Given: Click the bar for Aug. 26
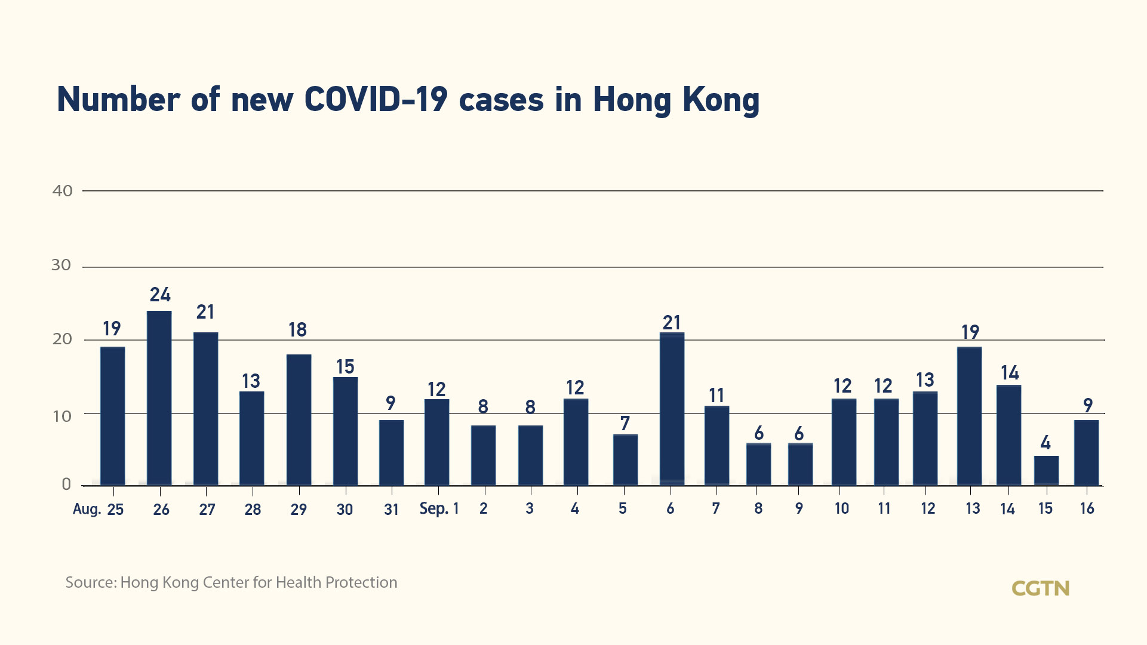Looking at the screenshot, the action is [159, 398].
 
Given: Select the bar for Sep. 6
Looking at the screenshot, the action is [672, 409].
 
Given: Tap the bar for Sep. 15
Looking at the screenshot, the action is [1046, 471].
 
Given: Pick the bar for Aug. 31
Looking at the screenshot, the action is [391, 453].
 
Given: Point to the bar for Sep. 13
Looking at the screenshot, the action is [969, 416].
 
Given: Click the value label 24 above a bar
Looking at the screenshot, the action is [160, 295].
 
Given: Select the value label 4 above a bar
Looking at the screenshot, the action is [1045, 443].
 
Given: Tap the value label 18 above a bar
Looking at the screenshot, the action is [297, 330].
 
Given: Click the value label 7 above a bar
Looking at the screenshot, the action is [625, 424].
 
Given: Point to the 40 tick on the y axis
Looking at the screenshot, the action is [63, 191].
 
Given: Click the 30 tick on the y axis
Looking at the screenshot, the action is [61, 265].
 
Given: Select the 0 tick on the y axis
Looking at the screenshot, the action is [66, 484].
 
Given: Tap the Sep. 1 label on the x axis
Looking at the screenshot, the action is [439, 508].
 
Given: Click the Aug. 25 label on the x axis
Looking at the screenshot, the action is [98, 509].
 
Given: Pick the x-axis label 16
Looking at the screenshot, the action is [1087, 508].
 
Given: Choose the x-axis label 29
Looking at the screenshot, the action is [299, 510].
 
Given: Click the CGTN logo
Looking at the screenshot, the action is [1041, 588].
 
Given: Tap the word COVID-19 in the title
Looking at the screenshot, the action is [376, 99].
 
